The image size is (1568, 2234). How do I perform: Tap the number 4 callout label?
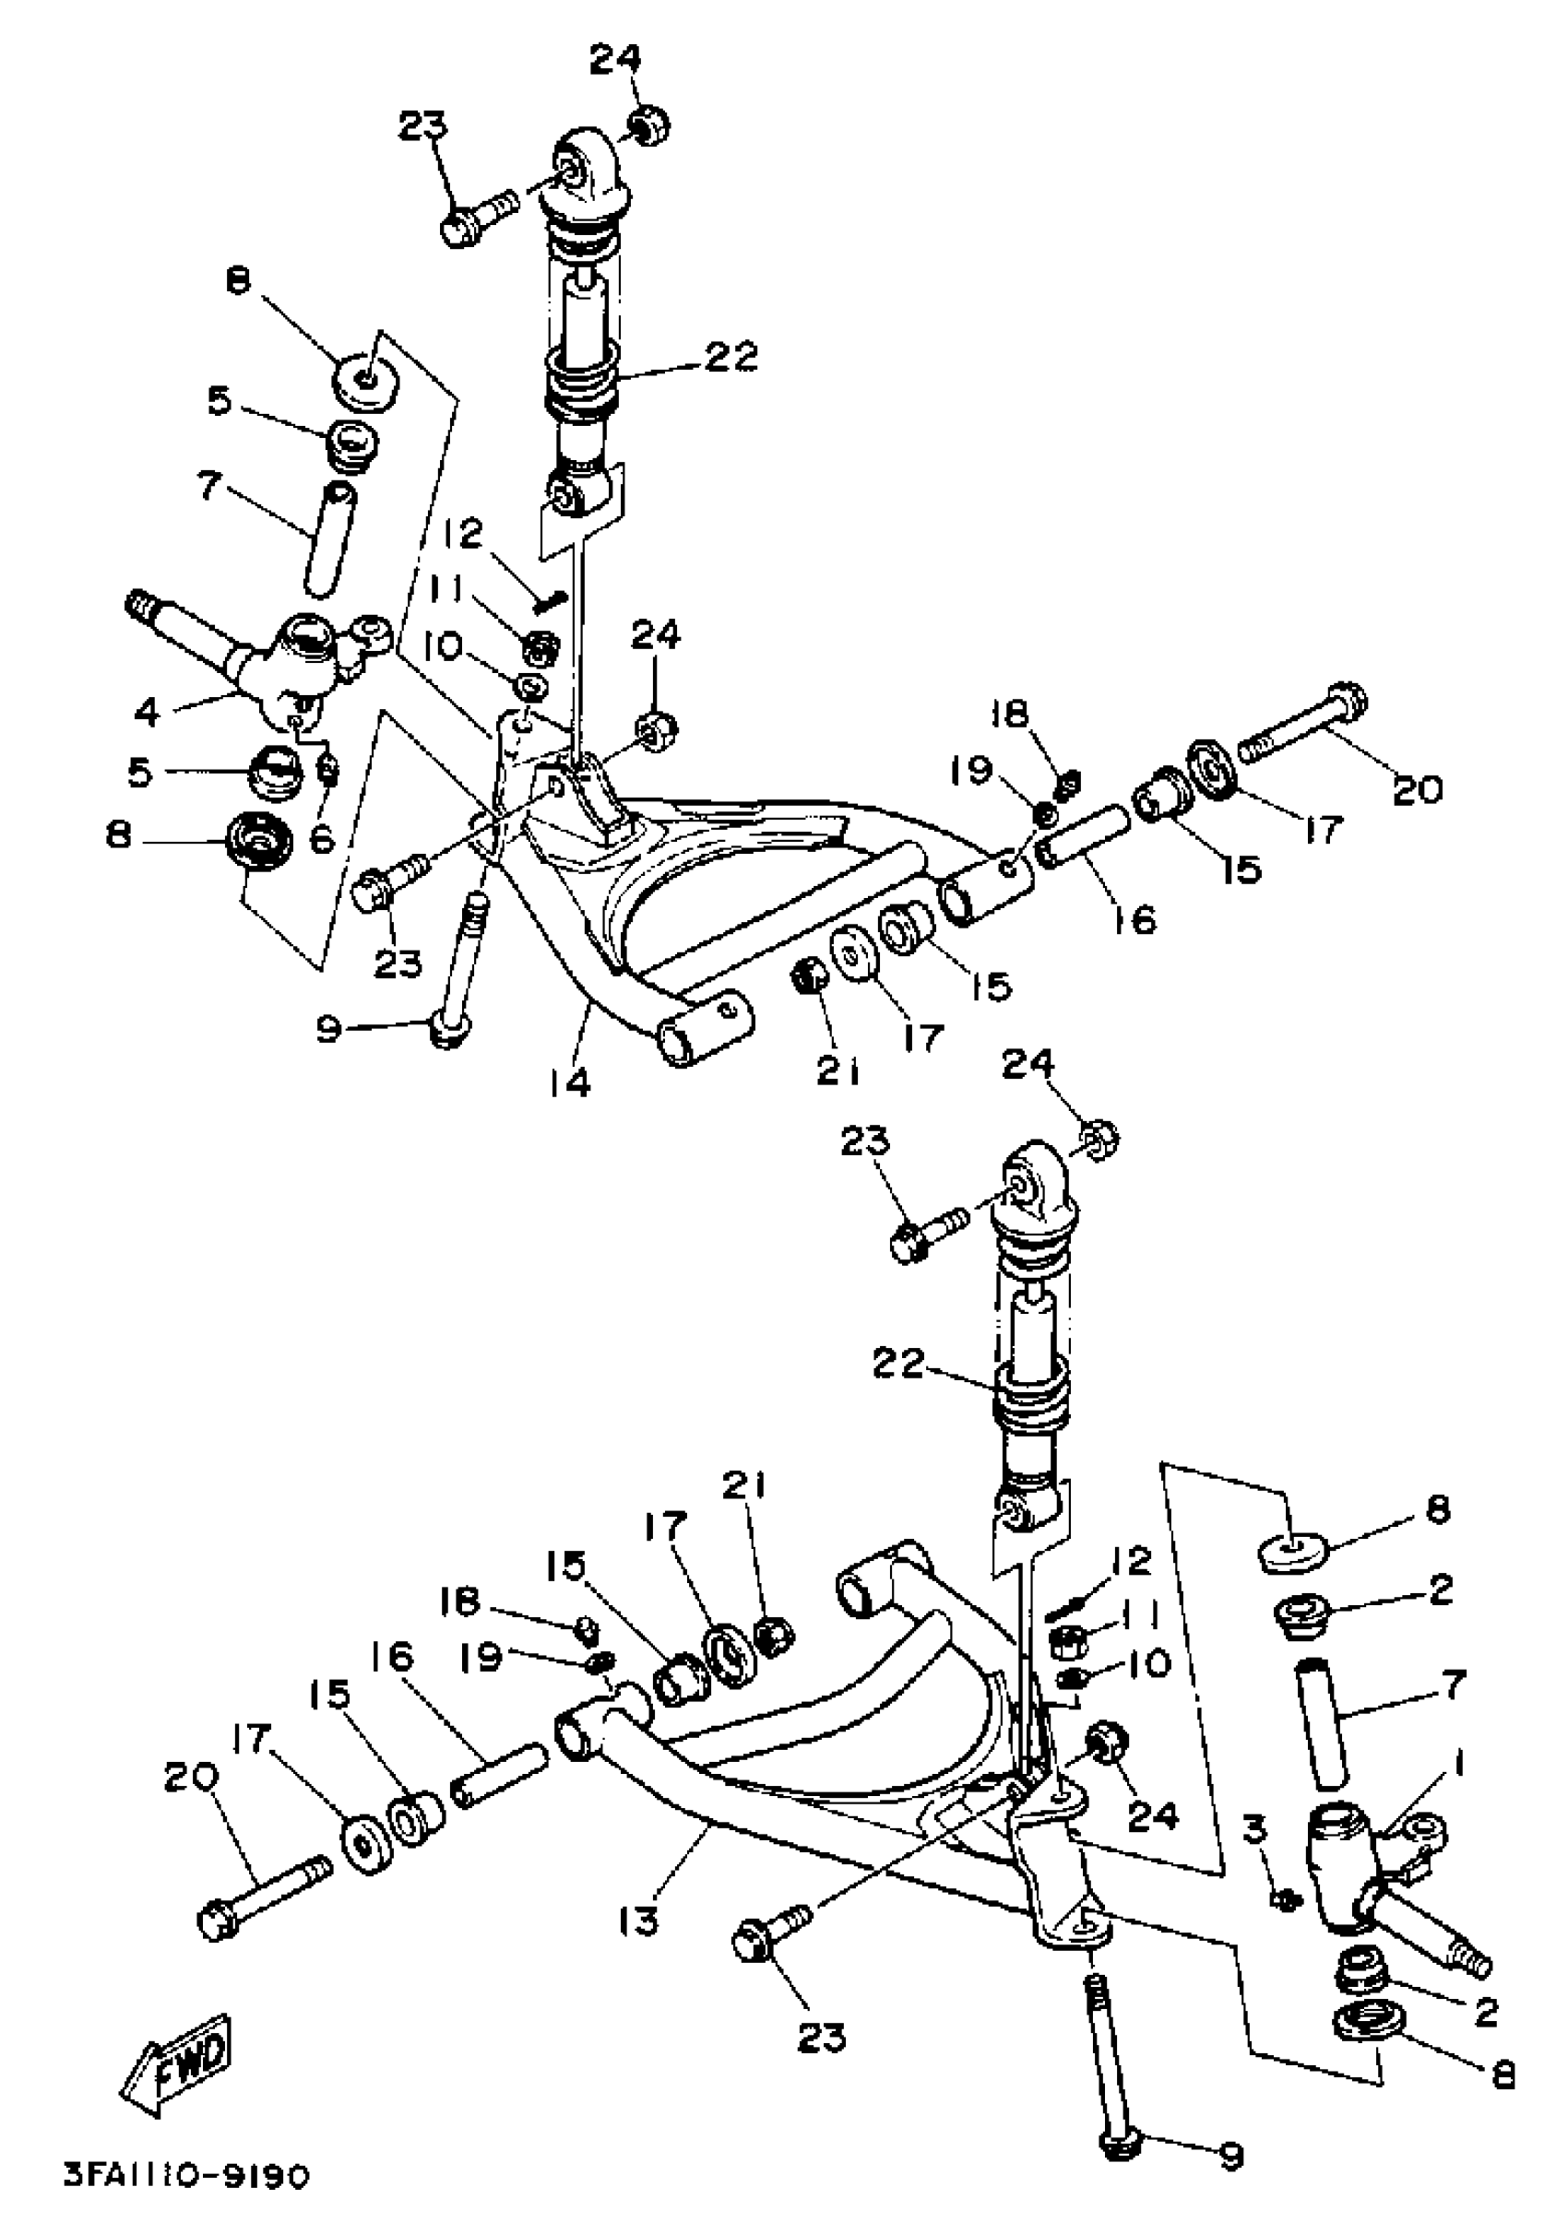(146, 712)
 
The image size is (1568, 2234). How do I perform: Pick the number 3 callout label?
(1255, 1831)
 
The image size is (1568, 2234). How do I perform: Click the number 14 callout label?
(569, 1083)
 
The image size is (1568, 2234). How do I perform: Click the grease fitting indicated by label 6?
(329, 771)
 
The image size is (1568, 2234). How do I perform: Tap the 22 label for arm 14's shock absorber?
(730, 356)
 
